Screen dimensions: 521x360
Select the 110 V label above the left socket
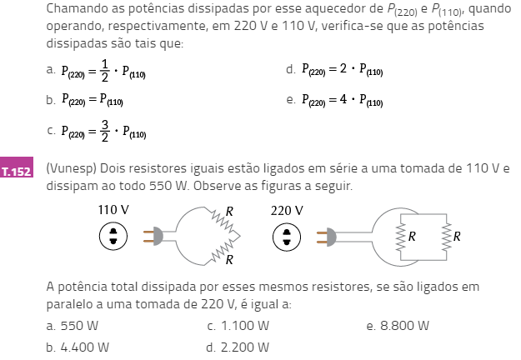(x=113, y=210)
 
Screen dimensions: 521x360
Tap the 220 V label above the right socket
(x=287, y=211)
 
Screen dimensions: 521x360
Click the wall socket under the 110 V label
(x=113, y=236)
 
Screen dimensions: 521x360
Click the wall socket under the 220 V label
(x=287, y=237)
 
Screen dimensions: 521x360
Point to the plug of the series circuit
(x=153, y=236)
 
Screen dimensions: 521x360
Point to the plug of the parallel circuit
(x=327, y=237)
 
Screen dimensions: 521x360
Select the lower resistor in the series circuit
(x=223, y=250)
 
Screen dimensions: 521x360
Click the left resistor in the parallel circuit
(x=401, y=237)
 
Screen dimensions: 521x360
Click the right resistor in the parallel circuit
(x=446, y=237)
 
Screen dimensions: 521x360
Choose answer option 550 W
(x=73, y=326)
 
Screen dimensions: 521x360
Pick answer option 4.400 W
(x=78, y=347)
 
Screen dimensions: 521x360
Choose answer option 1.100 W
(x=238, y=326)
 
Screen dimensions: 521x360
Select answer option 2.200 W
(x=238, y=347)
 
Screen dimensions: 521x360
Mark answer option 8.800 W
(x=398, y=326)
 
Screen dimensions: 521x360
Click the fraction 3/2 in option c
(x=105, y=131)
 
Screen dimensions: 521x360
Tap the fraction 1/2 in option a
(x=105, y=70)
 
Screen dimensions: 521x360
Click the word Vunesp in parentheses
(x=72, y=168)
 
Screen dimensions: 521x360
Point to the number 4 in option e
(x=343, y=99)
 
